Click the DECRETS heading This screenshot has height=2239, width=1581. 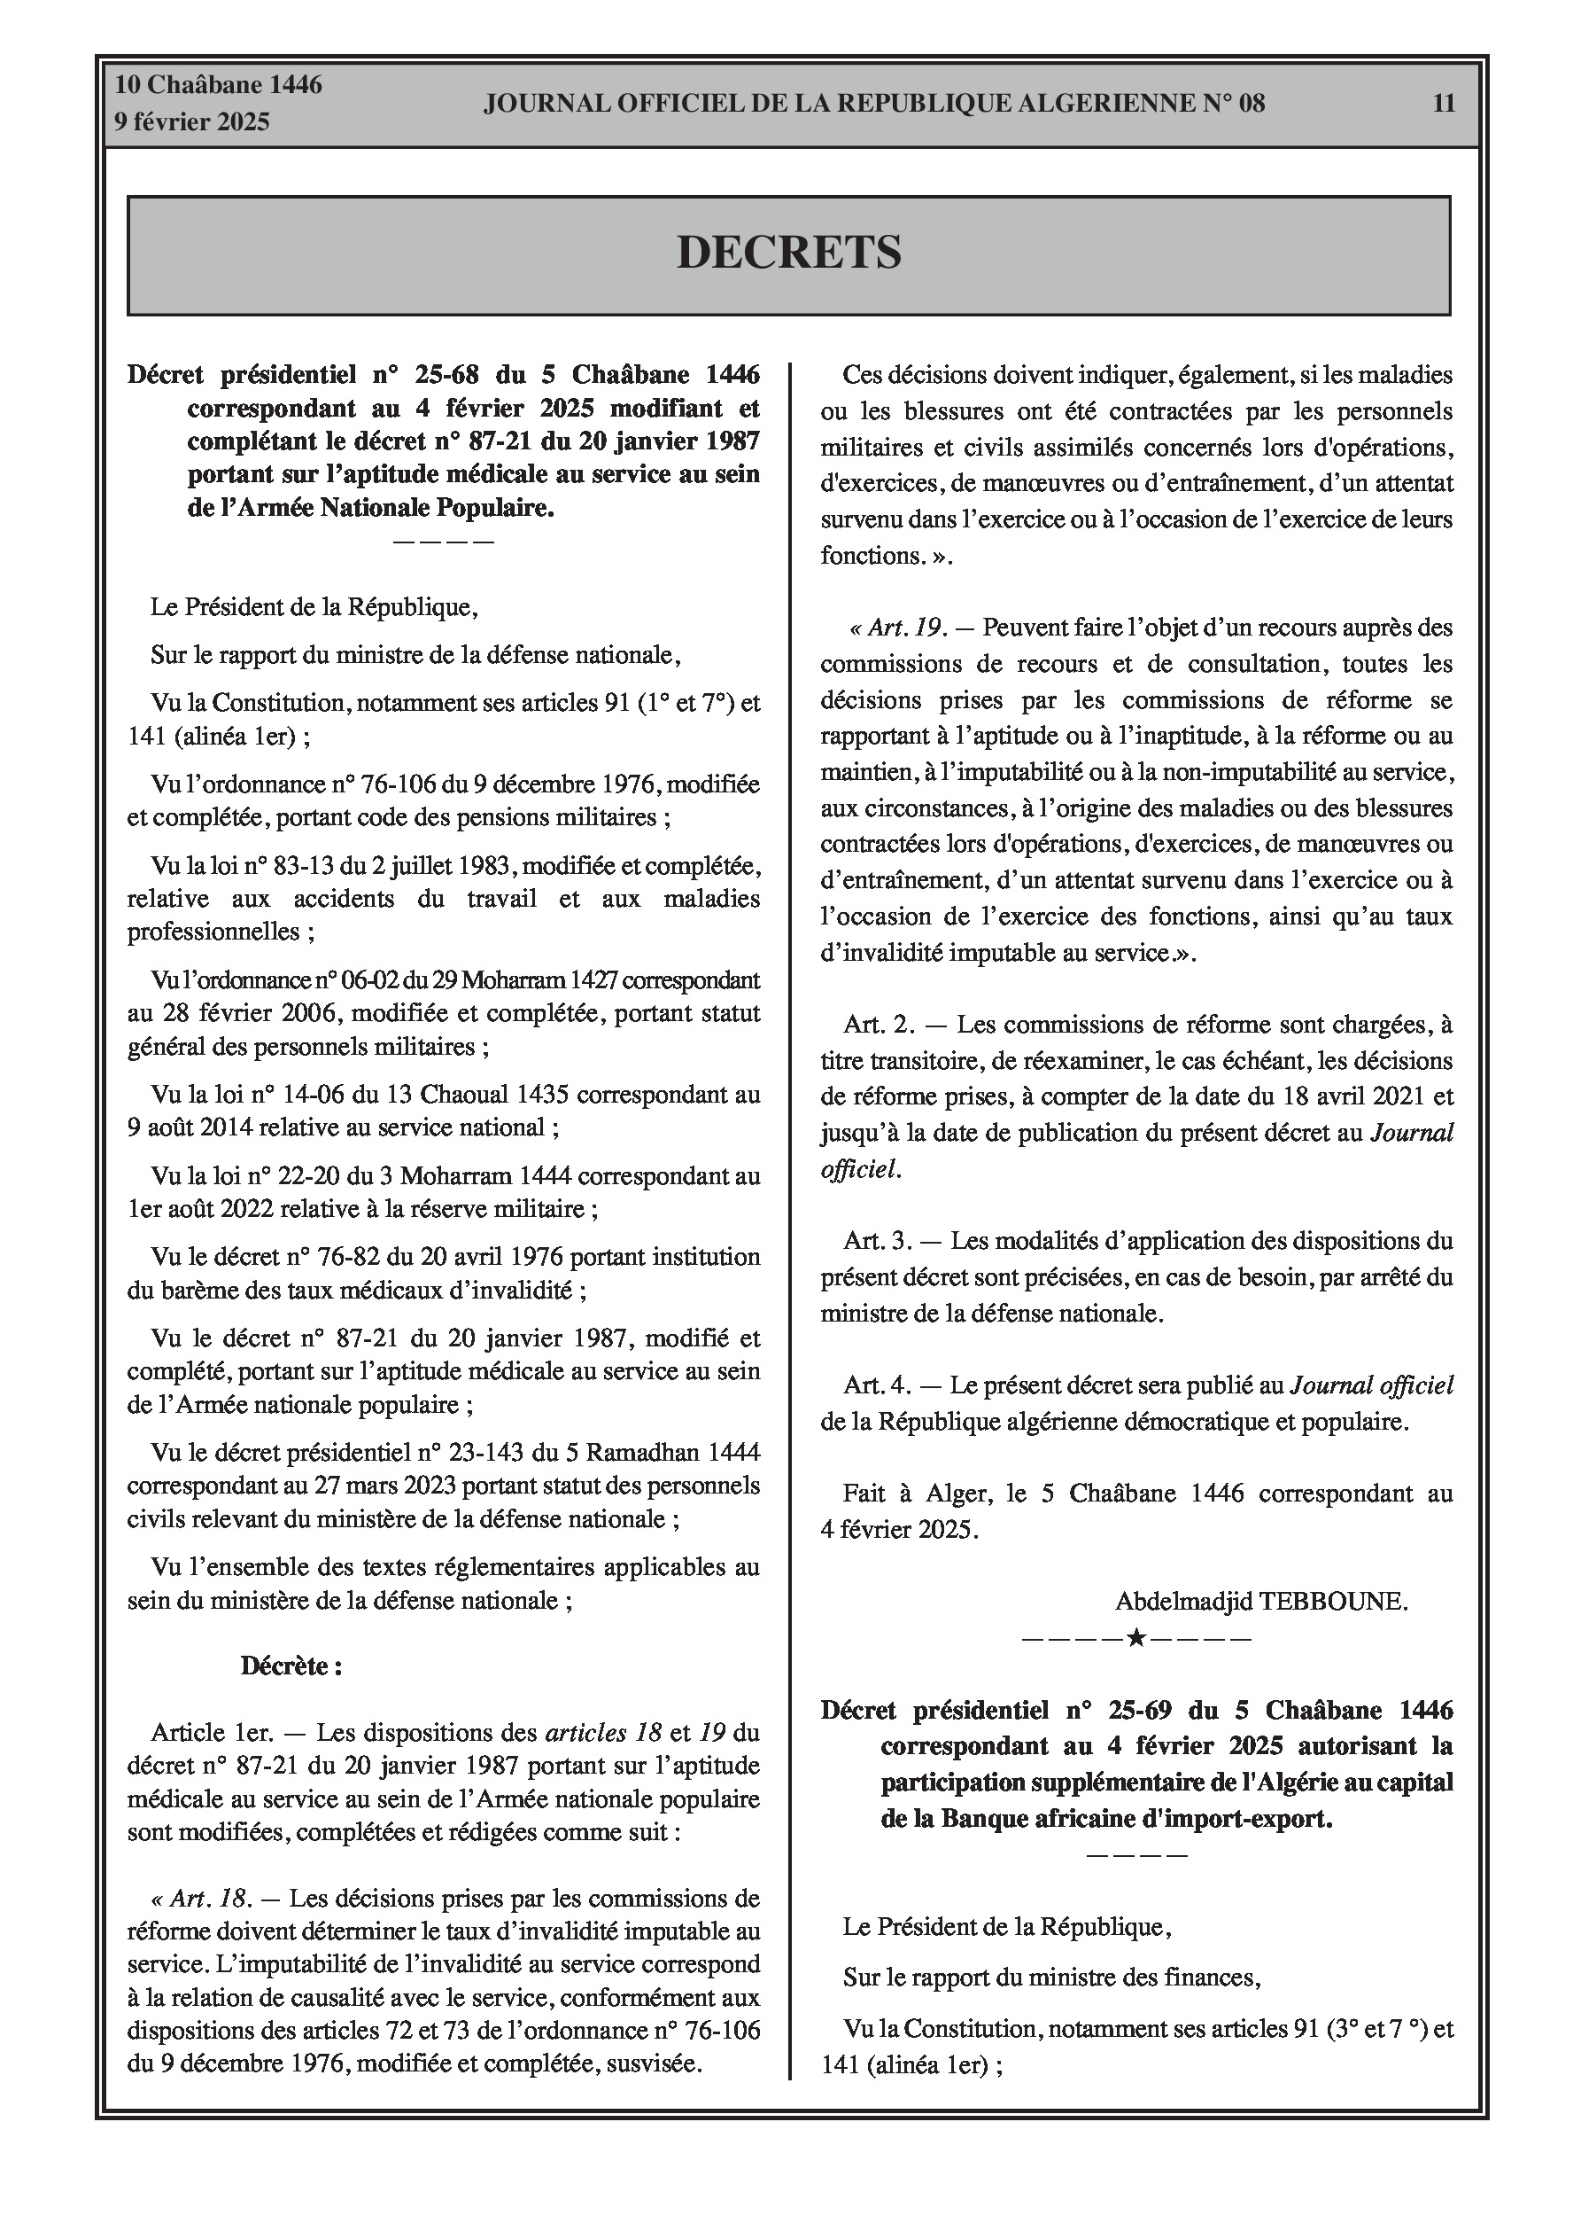click(x=788, y=253)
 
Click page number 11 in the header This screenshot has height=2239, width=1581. click(x=1444, y=104)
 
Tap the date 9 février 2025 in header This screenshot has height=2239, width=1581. click(x=192, y=122)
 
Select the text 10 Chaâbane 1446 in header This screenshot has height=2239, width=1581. click(x=219, y=85)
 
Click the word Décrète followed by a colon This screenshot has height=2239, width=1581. click(x=291, y=1666)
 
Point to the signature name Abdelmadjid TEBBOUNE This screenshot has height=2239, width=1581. click(x=1261, y=1600)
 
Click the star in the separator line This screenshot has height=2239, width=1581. click(x=1135, y=1638)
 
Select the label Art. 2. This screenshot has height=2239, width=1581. click(x=880, y=1025)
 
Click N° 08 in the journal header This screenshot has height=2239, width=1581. click(x=1233, y=104)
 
